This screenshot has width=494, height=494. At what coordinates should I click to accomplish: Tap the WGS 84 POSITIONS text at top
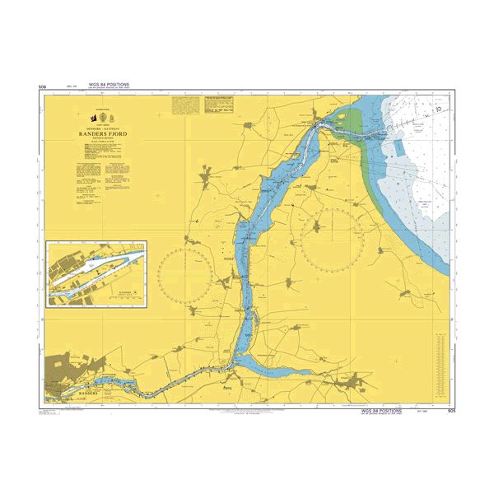point(108,85)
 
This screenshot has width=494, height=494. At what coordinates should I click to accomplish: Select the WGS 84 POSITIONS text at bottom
point(381,410)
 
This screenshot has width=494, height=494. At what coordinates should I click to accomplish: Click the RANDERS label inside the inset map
point(125,291)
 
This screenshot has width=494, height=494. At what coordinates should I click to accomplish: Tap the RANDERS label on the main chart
point(86,394)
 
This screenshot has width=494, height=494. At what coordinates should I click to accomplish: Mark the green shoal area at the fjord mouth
point(352,123)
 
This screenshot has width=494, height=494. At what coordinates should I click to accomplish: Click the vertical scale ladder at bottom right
point(441,358)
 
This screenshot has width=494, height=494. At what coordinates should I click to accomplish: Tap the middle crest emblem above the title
point(103,115)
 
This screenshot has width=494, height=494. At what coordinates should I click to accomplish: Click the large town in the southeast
point(357,381)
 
